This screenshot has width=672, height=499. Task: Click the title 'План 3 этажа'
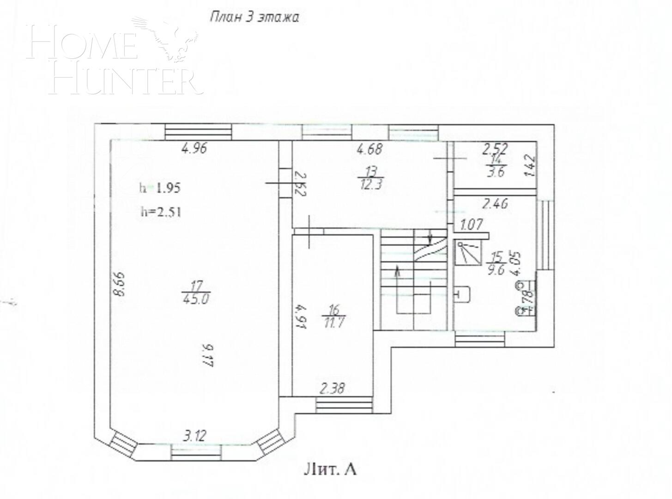point(254,18)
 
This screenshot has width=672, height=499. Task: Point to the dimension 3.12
point(195,435)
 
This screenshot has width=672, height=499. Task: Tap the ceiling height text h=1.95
point(159,188)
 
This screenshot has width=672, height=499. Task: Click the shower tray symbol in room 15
point(467,252)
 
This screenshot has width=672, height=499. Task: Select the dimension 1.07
point(472,225)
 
